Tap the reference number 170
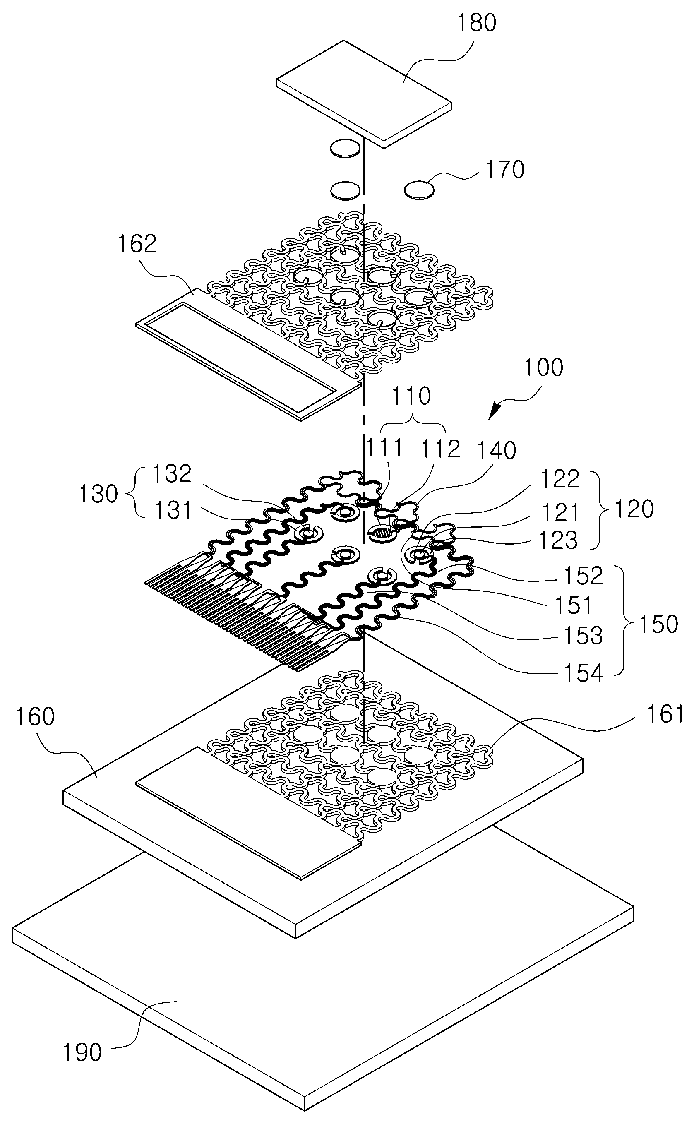point(505,170)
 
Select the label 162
point(137,244)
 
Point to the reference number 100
point(543,367)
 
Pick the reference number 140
point(497,451)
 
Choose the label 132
point(172,474)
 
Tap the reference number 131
point(173,511)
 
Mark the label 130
point(98,494)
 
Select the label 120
point(634,509)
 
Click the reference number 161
point(664,714)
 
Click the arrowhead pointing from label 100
point(495,412)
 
